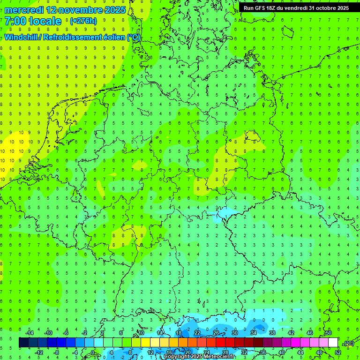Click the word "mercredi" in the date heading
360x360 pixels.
(23, 10)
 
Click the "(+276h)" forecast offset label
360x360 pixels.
(83, 21)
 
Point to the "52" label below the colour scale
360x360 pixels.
(338, 352)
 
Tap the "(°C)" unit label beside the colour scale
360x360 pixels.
(348, 343)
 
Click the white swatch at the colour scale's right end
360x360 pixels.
(333, 343)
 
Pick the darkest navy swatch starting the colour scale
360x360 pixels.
(23, 343)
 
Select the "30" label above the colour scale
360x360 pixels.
(234, 333)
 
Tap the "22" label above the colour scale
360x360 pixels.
(197, 333)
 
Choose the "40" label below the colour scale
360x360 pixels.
(282, 352)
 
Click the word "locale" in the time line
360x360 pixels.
(45, 21)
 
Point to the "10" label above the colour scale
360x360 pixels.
(141, 333)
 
